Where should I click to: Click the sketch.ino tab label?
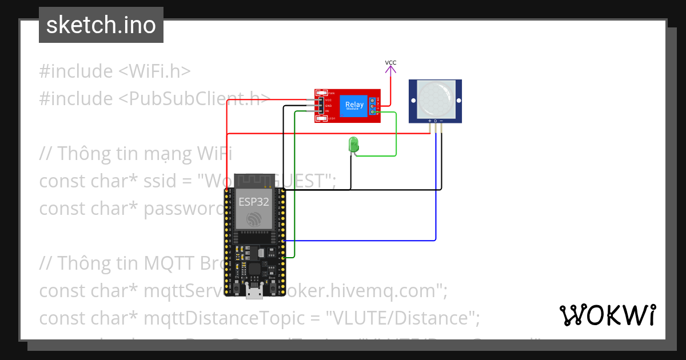101,25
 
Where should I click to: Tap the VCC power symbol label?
390,63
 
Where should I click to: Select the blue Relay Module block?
354,106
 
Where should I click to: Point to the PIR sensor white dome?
435,97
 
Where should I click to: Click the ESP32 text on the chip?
254,201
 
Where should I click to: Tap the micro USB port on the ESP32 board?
254,293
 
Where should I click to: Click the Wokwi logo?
607,315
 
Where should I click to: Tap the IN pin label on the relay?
328,111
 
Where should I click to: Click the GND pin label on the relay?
328,106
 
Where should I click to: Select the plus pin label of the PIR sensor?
430,121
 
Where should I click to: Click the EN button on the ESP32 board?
236,284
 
